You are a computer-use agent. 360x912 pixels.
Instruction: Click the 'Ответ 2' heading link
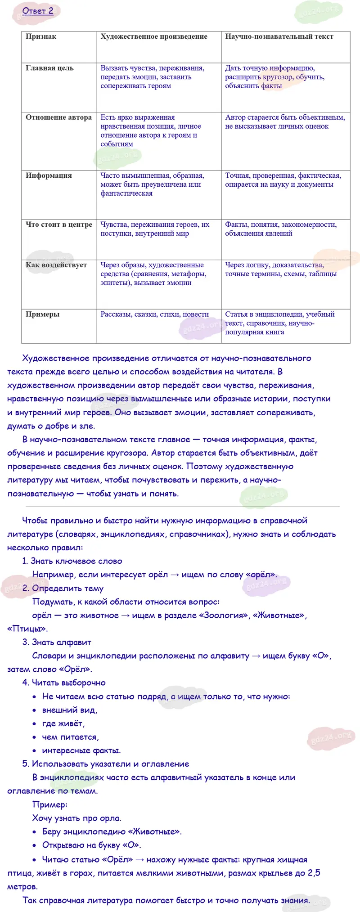(38, 11)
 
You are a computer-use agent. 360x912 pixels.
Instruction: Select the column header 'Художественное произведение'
(154, 37)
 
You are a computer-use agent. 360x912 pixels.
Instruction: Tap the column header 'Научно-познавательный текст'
(279, 37)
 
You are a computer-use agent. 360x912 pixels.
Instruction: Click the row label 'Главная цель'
(49, 68)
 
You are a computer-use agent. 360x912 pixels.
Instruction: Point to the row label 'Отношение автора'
(58, 117)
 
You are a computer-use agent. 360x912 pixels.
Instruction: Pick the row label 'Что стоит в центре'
(59, 225)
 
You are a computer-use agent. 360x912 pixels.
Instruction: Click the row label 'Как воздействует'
(56, 265)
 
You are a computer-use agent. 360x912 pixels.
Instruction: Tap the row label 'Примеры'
(42, 314)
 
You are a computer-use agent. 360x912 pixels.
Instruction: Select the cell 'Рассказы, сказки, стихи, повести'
(155, 314)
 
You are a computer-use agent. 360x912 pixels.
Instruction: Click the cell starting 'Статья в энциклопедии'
(280, 323)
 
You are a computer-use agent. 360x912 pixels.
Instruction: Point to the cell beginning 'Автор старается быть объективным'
(285, 122)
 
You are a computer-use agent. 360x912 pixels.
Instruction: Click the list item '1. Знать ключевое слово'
(72, 561)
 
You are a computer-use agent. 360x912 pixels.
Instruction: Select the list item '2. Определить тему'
(63, 588)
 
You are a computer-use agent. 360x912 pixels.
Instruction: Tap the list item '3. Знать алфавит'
(57, 642)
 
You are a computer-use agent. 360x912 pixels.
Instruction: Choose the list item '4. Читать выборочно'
(64, 683)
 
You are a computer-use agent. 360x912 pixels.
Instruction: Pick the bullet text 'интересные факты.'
(81, 750)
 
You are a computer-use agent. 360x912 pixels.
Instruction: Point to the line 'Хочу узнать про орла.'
(76, 818)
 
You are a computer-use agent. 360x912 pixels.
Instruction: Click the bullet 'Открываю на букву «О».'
(91, 845)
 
